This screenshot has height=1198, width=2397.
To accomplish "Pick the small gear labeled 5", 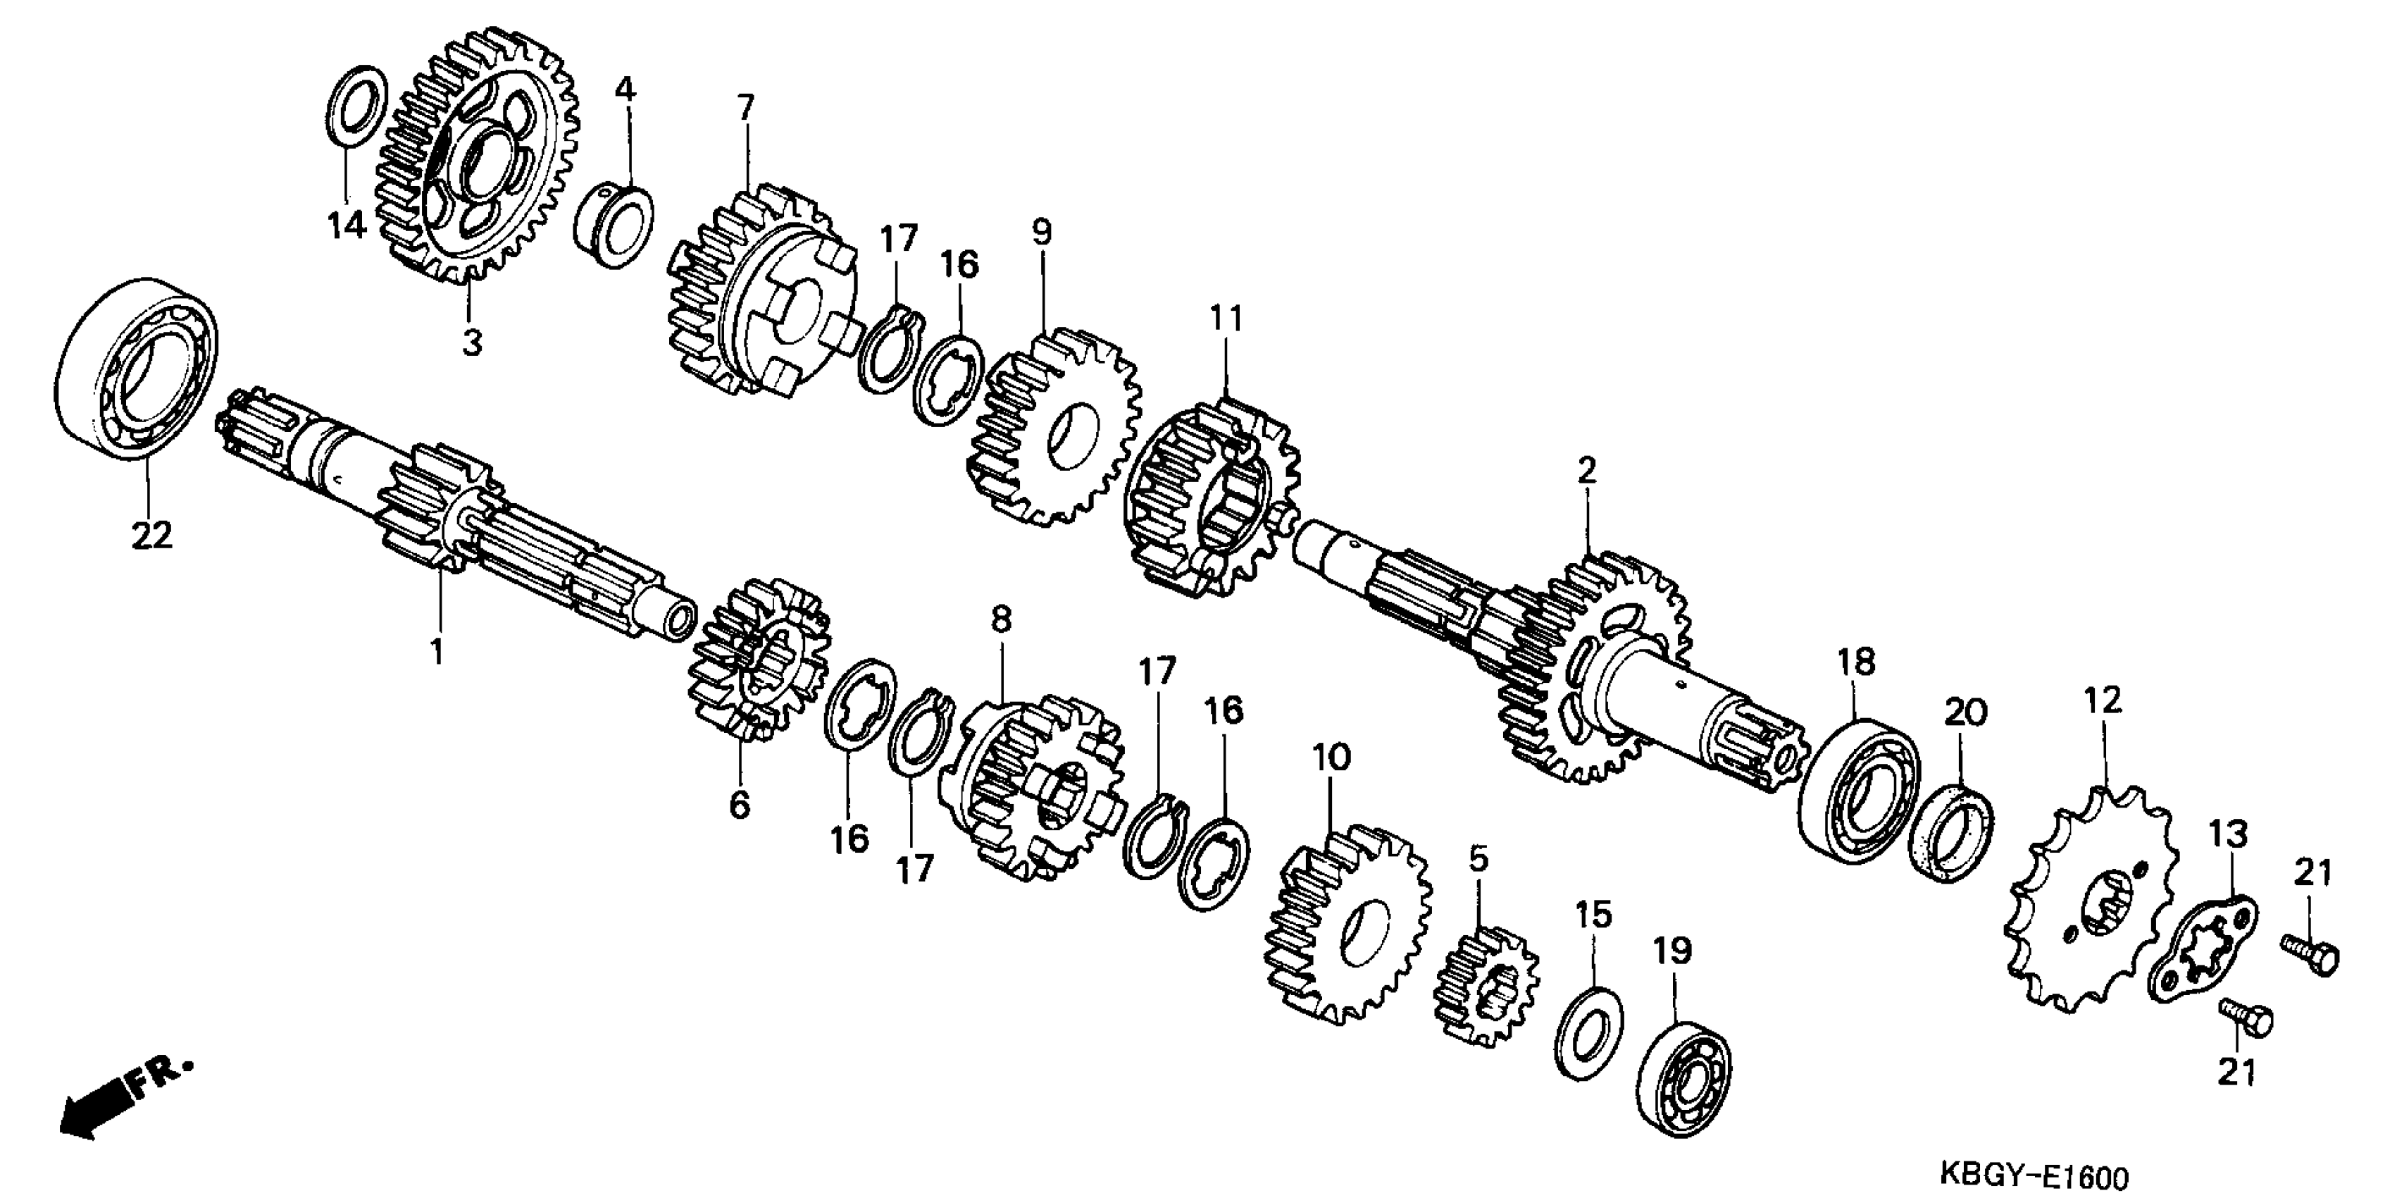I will coord(1487,987).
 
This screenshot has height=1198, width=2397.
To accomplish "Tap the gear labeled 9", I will coord(1057,426).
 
